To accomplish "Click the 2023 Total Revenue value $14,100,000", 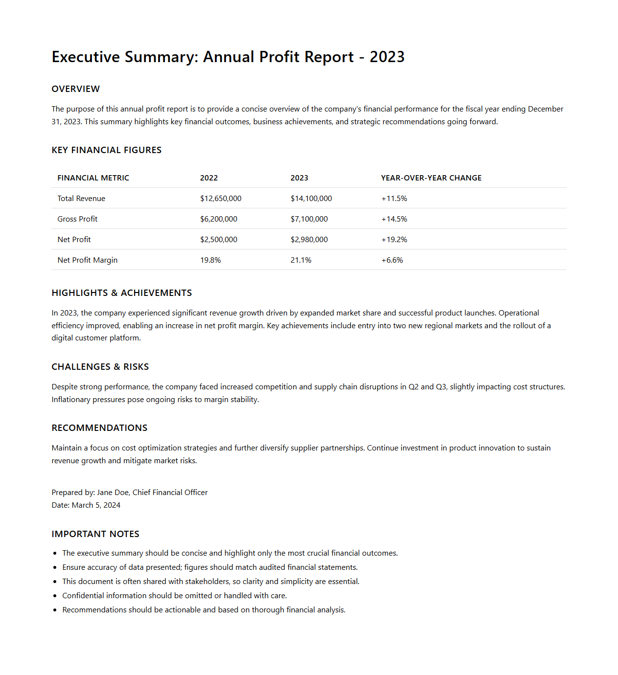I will tap(311, 199).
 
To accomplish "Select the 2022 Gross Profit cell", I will tap(218, 219).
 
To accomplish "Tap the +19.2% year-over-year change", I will tap(394, 240).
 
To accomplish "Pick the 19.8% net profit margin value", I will tap(210, 260).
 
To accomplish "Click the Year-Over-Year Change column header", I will tap(431, 178).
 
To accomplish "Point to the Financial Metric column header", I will tap(93, 178).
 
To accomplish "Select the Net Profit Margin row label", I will tap(87, 260).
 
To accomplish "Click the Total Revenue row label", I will tap(81, 199).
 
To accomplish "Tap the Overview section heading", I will tap(75, 89).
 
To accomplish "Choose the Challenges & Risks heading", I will tap(100, 367).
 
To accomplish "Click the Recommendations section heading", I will tap(99, 428).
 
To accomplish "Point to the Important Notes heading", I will tap(95, 534).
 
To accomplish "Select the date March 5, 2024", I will tap(96, 505).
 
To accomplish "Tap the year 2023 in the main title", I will tap(387, 57).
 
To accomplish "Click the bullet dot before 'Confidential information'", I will tap(55, 596).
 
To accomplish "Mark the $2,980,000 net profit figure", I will tap(309, 240).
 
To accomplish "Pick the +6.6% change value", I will tap(392, 260).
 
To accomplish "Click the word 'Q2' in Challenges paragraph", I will tap(413, 387).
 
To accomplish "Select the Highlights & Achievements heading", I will tap(121, 293).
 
